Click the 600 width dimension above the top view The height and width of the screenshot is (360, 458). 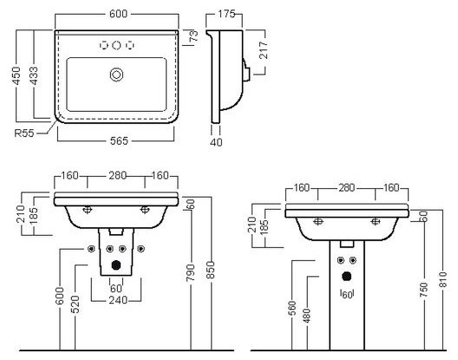coord(118,14)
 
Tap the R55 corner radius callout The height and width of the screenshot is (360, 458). coord(24,134)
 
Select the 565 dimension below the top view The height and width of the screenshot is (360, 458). coord(119,141)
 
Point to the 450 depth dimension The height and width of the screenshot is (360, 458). coord(16,75)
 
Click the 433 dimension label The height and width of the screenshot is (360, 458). coord(34,75)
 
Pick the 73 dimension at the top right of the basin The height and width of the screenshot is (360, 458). coord(193,36)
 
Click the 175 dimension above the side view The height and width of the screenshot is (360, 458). coord(226,14)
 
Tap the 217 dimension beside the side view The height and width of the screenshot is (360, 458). coord(264,50)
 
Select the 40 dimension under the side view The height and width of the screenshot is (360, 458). coord(216,142)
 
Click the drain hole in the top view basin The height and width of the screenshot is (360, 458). coord(116,75)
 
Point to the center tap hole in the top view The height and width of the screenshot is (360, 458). coord(116,45)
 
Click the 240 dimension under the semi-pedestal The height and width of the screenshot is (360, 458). coord(118,300)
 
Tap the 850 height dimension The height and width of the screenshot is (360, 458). coord(211,271)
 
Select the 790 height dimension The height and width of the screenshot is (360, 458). coord(191,272)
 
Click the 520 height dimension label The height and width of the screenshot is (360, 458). coord(75,304)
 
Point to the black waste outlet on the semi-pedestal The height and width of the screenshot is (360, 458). coord(116,265)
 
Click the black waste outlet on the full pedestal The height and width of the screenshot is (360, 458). coord(347,277)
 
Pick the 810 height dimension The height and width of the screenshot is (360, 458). coord(443,279)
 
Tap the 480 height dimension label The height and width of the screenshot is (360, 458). coord(307,316)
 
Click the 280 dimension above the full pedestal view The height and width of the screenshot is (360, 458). coord(347,187)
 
